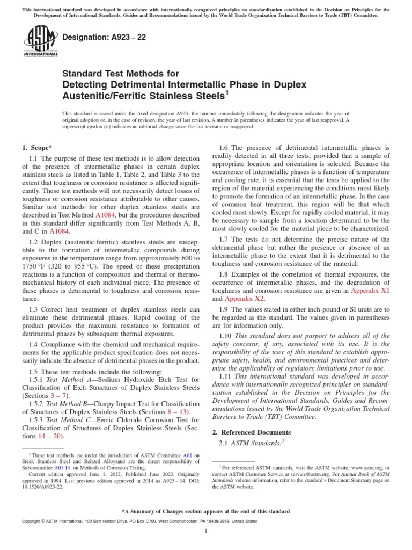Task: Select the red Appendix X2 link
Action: [x=245, y=299]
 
